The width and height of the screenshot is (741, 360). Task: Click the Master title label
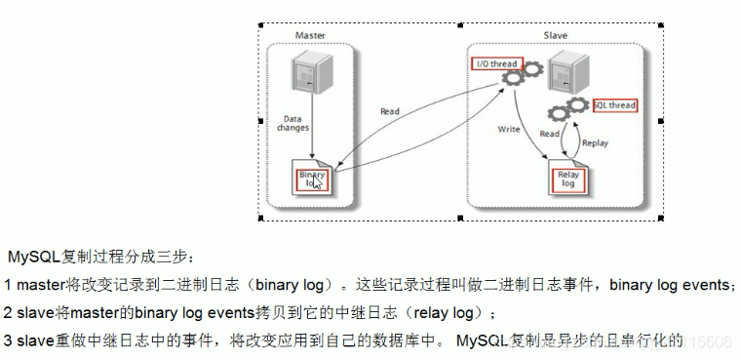point(310,36)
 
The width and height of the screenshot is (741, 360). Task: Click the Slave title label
point(555,36)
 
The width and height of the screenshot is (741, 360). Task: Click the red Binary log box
point(312,179)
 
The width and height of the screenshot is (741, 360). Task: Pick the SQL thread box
point(614,105)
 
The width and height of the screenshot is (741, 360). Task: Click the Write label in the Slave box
point(508,128)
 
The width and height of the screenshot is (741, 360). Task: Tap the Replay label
point(595,142)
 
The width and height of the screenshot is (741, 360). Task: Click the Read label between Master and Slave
point(390,111)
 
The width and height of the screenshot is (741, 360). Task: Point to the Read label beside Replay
point(549,134)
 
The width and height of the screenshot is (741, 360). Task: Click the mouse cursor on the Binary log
point(319,181)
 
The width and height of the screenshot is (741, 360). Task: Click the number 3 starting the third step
point(8,341)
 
